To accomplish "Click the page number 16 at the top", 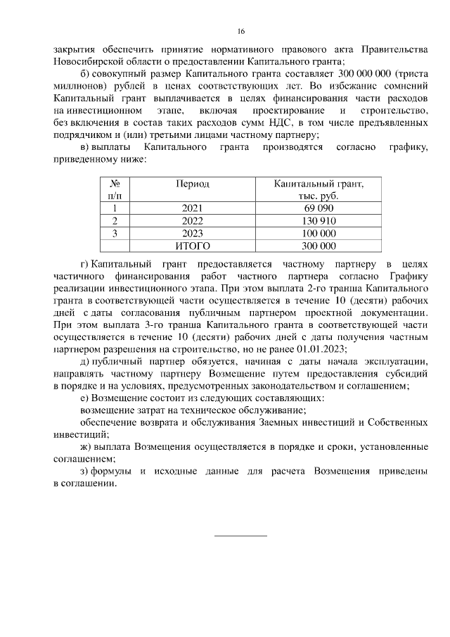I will [x=240, y=32].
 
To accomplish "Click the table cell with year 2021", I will [x=191, y=208].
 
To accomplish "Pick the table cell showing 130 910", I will [x=319, y=221].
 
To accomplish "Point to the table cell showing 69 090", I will [x=319, y=208].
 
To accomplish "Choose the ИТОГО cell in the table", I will [x=192, y=246].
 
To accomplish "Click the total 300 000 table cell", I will [x=319, y=246].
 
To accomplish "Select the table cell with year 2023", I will [x=191, y=233].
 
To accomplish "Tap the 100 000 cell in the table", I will [x=319, y=233].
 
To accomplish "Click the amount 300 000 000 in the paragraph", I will [x=356, y=75].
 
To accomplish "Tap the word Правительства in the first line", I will [x=394, y=49].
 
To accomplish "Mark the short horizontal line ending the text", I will [x=240, y=536].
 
